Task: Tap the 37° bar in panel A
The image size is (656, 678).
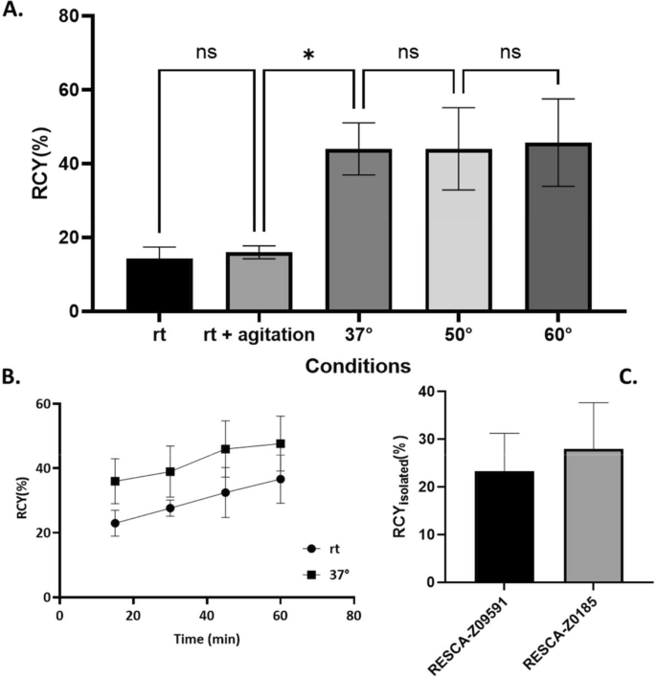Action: point(354,230)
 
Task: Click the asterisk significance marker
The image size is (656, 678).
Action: point(308,56)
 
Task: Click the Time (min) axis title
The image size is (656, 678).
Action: point(206,636)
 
